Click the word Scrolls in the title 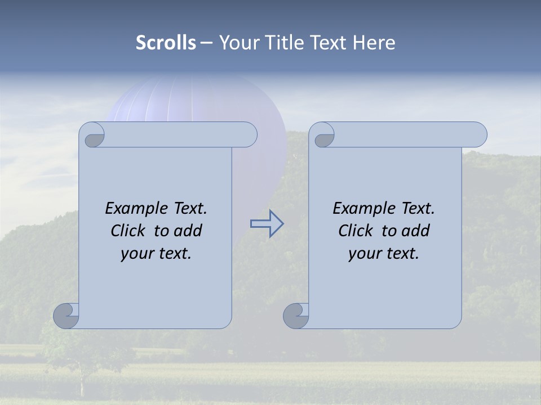(166, 43)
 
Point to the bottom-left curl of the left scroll (66, 316)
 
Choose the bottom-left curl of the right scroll (296, 316)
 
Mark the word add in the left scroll (188, 231)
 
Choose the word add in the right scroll (415, 231)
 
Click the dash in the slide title (206, 43)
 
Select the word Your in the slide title (236, 43)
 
